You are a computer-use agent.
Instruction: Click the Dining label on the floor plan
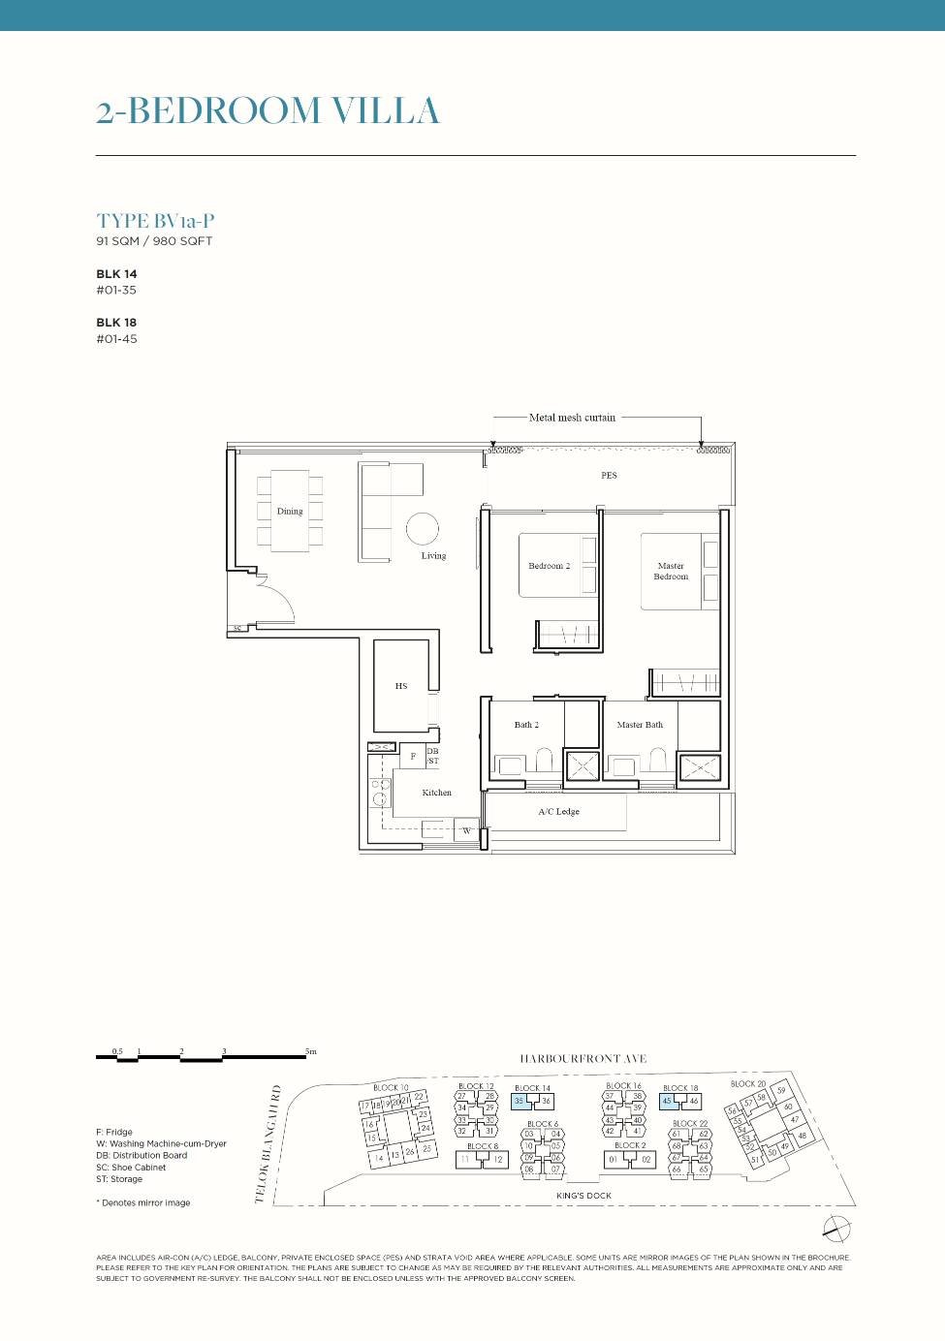point(290,511)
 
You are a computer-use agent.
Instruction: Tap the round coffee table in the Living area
point(423,529)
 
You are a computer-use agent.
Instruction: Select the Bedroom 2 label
point(549,566)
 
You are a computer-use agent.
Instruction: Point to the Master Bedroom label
point(671,571)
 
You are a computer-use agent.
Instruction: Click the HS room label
point(401,686)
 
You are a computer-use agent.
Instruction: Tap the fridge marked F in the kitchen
point(413,756)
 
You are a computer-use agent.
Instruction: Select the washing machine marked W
point(466,830)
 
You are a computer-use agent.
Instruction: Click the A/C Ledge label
point(558,812)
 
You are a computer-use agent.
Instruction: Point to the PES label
point(609,475)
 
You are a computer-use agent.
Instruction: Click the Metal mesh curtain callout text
point(572,418)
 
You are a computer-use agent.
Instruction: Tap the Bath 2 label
point(526,725)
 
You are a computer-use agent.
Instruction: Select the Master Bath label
point(640,725)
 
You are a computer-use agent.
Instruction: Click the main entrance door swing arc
point(278,601)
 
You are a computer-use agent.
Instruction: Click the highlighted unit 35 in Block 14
point(520,1102)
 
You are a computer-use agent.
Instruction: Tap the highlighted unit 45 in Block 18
point(668,1102)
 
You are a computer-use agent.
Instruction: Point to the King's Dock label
point(583,1196)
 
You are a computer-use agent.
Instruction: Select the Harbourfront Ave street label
point(583,1059)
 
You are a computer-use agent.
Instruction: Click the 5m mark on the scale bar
point(310,1051)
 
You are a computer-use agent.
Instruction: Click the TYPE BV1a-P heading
point(155,221)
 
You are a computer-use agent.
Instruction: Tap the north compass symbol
point(836,1228)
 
